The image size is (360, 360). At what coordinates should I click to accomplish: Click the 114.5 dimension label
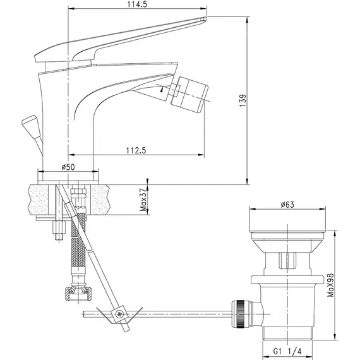136,4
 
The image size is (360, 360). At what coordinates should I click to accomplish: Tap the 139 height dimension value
243,100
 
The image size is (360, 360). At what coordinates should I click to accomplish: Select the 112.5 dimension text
136,150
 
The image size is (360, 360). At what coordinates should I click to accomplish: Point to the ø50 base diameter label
68,167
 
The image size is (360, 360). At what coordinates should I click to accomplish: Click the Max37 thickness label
143,200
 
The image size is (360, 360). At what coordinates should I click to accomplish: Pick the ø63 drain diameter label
287,205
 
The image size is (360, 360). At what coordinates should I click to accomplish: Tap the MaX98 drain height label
330,285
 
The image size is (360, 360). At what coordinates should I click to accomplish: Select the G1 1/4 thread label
287,351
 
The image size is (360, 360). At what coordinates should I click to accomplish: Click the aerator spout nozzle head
189,95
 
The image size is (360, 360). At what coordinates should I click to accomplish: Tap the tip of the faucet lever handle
205,18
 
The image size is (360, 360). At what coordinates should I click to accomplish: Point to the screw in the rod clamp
119,314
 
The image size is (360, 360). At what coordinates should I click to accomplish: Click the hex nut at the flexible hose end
78,294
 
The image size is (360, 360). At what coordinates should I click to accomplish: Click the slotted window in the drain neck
287,260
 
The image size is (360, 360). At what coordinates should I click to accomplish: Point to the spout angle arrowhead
162,90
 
